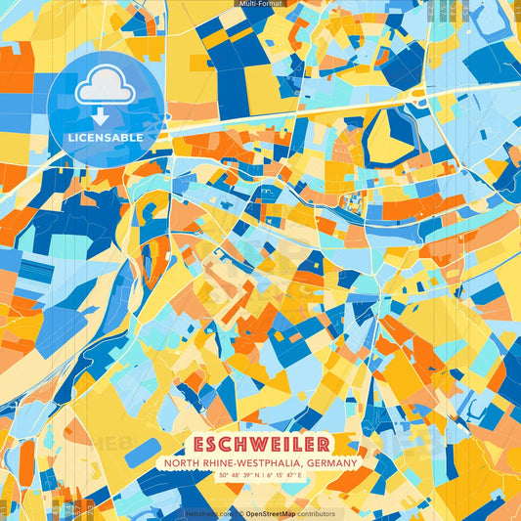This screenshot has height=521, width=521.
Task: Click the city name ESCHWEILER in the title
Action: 261,445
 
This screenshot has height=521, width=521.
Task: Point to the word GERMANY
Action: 332,463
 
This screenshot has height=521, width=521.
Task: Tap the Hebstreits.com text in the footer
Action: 210,513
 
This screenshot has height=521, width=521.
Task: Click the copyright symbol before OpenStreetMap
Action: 240,513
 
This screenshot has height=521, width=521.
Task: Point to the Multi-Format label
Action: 260,4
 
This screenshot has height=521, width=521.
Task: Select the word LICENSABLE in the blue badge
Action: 105,138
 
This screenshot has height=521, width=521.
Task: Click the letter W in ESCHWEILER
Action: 260,445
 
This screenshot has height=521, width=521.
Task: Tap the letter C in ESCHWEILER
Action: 230,445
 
